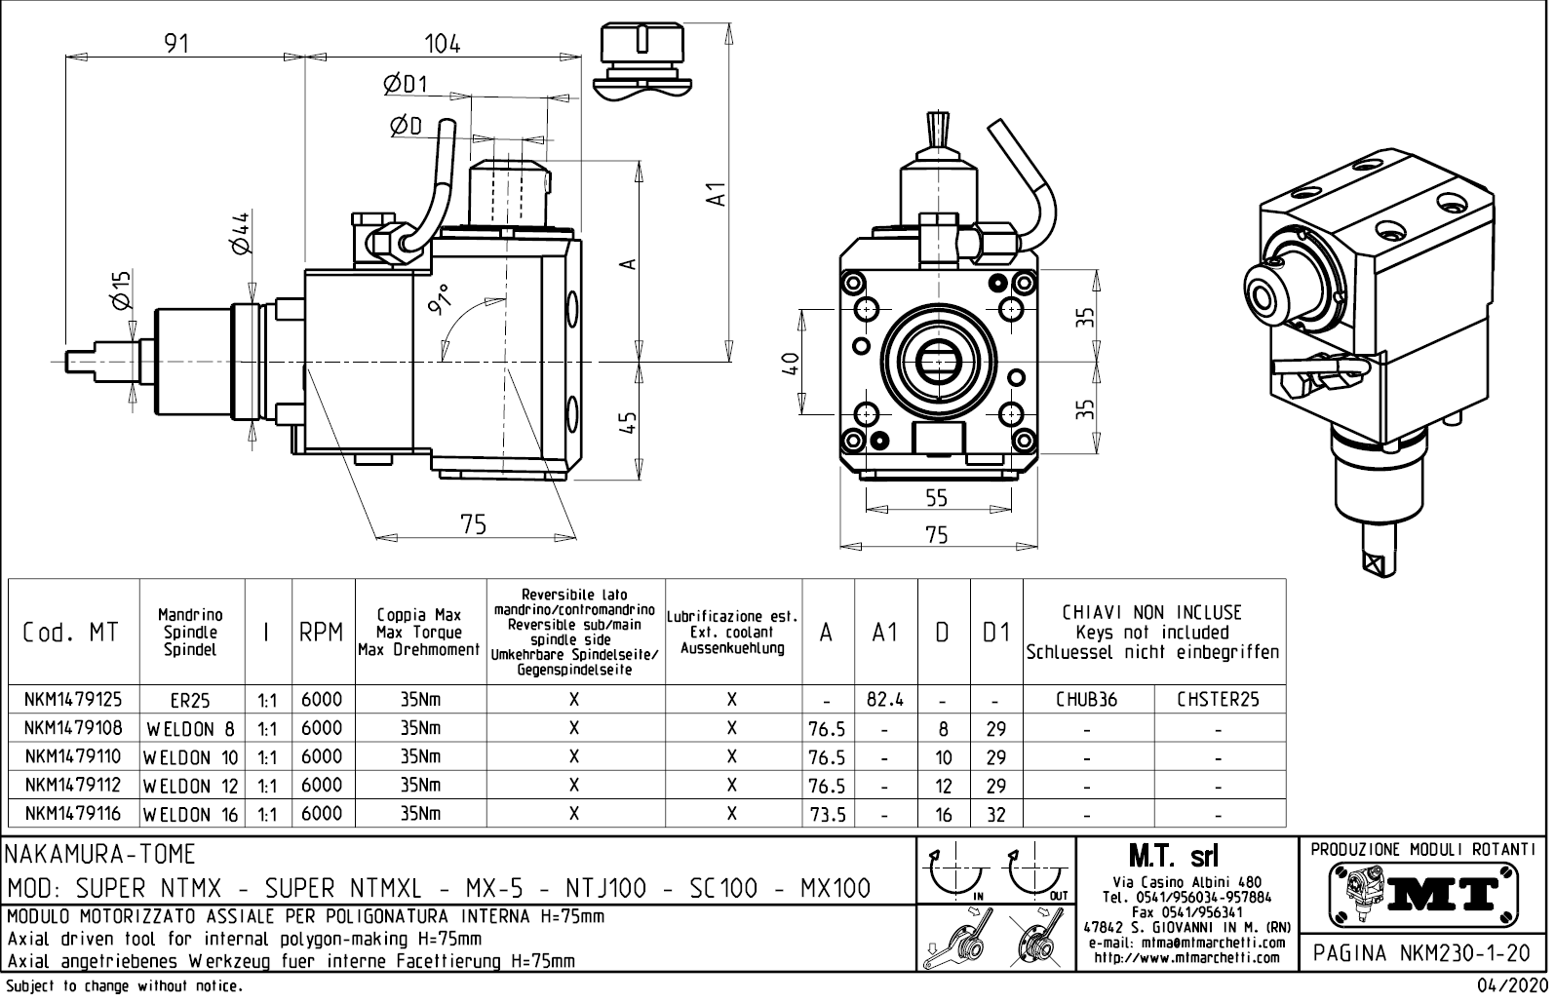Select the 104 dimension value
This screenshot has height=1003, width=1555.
[442, 44]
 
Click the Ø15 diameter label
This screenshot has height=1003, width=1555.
[122, 290]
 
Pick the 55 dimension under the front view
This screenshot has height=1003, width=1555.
[936, 498]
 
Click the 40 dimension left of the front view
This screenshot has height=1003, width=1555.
[792, 362]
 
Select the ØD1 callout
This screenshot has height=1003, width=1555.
[405, 85]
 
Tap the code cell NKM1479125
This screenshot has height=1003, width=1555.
[73, 699]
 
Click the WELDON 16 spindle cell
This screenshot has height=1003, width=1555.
[192, 814]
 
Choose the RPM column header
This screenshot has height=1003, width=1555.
[322, 633]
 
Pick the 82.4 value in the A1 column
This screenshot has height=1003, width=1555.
[885, 699]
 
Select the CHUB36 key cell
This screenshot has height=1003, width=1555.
[1086, 699]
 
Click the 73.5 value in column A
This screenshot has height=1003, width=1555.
[827, 814]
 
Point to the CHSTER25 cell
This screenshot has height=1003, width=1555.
[1219, 699]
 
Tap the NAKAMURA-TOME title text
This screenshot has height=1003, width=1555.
[101, 855]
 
